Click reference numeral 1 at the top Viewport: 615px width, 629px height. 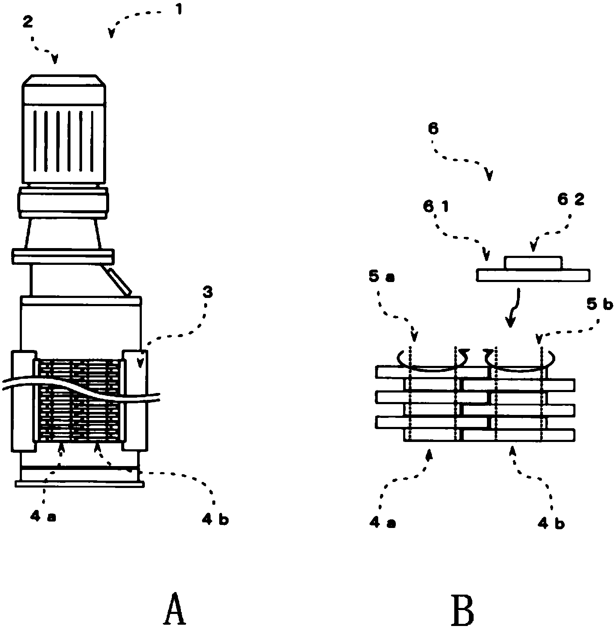179,9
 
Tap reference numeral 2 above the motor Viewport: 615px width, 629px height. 28,21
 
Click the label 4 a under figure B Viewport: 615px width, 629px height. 382,523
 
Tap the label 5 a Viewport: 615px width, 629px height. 381,277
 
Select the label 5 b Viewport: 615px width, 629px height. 600,304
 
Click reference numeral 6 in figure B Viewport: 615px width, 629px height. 433,128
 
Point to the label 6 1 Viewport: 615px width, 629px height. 436,207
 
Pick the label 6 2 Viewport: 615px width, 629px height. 571,200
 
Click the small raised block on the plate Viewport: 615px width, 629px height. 533,263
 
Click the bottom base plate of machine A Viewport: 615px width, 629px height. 80,484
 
